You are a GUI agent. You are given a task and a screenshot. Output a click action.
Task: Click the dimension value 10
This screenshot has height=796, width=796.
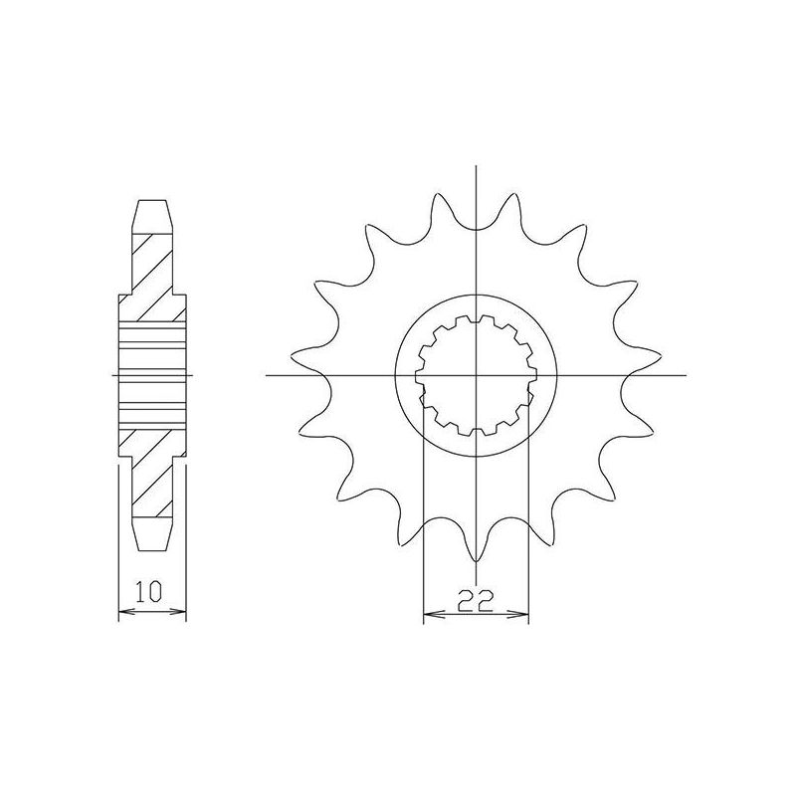[151, 595]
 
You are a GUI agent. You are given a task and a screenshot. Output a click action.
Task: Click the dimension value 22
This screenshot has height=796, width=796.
[476, 600]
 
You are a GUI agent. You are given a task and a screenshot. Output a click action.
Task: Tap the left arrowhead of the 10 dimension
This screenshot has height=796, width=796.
[122, 611]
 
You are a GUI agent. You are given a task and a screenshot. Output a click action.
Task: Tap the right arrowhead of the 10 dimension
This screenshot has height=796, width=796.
[183, 611]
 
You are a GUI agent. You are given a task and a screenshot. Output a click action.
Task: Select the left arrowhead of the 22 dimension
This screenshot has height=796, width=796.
[428, 616]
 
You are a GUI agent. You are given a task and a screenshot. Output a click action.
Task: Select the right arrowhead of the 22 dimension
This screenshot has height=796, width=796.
[523, 616]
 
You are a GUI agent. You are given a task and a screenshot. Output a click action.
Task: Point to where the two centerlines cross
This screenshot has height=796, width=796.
[477, 375]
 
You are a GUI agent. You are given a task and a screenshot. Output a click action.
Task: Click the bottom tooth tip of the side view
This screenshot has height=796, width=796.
[152, 549]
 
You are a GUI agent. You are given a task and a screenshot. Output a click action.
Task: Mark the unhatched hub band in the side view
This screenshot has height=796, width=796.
[152, 374]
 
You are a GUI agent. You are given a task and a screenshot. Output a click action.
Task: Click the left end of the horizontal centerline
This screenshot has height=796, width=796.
[268, 375]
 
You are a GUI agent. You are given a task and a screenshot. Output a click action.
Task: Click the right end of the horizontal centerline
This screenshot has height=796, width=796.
[687, 375]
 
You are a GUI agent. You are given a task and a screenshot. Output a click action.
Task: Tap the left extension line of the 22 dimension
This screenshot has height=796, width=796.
[424, 517]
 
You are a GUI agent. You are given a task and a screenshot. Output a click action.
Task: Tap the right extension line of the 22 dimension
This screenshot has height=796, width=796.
[528, 517]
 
